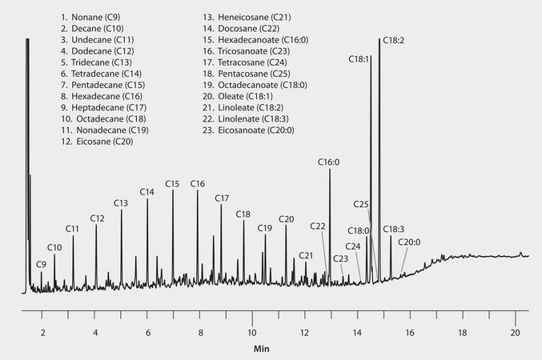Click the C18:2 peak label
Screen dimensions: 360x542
click(392, 39)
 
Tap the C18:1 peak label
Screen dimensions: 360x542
click(359, 58)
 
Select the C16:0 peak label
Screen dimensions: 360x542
click(328, 162)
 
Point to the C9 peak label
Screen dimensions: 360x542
click(41, 264)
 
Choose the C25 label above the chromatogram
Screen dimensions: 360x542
click(361, 205)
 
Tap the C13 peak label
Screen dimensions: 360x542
click(121, 203)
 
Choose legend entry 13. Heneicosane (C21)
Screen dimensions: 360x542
click(257, 16)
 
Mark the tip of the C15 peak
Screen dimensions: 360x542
click(173, 190)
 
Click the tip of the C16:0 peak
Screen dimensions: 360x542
click(330, 169)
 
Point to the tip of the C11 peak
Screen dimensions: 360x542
click(73, 236)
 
